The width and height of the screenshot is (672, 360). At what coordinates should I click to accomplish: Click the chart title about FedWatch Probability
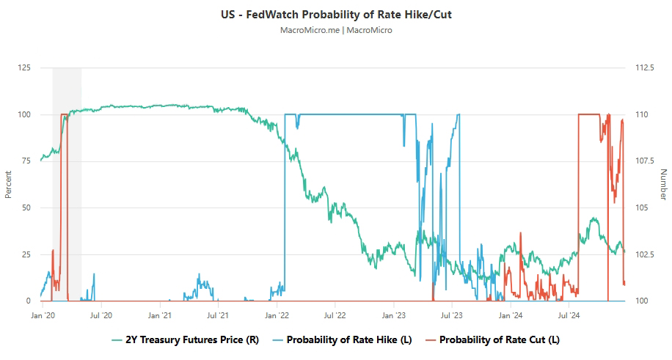tap(336, 15)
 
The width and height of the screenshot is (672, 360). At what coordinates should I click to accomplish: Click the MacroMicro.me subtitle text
tap(336, 30)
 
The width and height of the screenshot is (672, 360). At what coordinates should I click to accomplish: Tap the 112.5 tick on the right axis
tap(645, 68)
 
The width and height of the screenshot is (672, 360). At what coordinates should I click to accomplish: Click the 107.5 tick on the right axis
tap(645, 161)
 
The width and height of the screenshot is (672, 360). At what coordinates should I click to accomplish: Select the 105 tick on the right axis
tap(641, 208)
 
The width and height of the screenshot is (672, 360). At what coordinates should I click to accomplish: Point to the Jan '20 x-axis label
tap(43, 315)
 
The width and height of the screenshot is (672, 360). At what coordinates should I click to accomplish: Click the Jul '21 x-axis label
tap(218, 315)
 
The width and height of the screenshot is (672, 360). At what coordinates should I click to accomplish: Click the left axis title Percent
tap(9, 185)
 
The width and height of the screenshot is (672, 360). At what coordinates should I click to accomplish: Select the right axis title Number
tap(663, 185)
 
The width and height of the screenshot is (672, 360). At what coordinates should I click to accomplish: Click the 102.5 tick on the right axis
tap(645, 254)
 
